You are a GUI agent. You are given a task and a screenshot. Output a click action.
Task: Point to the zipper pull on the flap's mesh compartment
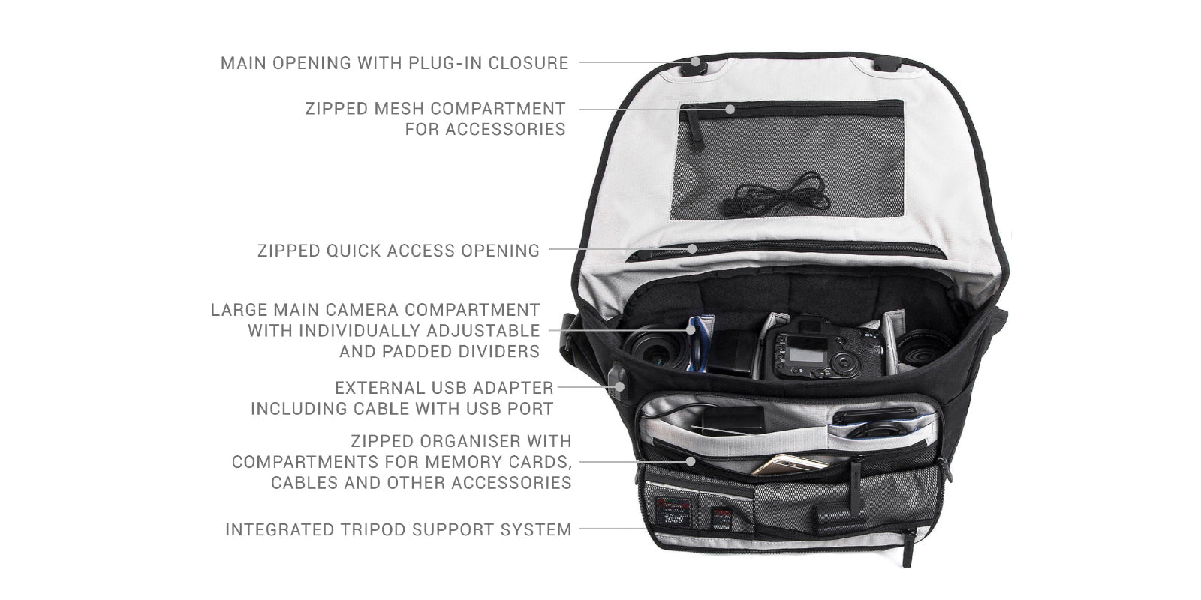tap(695, 127)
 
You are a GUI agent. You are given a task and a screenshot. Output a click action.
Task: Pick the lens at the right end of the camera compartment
tap(924, 348)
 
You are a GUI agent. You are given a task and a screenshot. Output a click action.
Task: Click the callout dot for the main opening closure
tap(695, 61)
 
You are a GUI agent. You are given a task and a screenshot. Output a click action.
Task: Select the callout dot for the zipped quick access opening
tap(693, 248)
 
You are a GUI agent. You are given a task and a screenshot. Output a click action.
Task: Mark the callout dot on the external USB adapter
tap(620, 386)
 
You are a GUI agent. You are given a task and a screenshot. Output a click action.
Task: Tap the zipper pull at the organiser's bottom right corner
tap(908, 548)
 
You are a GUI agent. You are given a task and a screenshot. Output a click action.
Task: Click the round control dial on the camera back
tap(844, 364)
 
